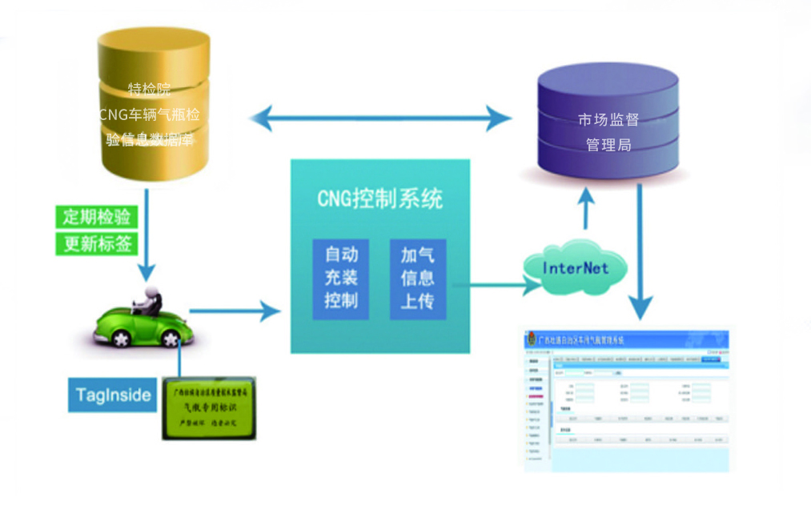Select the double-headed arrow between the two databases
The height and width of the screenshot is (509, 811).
(x=380, y=120)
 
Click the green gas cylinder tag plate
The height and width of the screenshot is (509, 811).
(x=210, y=408)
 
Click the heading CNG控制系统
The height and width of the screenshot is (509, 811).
(x=379, y=198)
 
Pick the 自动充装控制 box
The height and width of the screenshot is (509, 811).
(x=341, y=279)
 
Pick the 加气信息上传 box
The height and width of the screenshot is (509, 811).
(x=417, y=279)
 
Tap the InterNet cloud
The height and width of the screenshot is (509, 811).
(x=575, y=267)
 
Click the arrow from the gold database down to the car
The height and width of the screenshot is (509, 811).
(x=146, y=232)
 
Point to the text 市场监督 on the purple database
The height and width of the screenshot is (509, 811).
(x=608, y=121)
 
